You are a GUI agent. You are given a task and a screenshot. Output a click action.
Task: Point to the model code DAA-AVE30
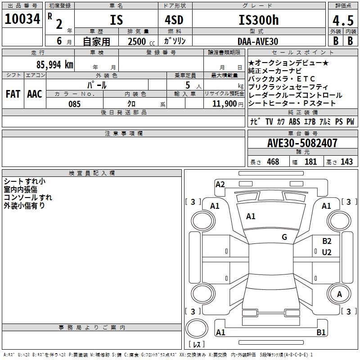[258, 41]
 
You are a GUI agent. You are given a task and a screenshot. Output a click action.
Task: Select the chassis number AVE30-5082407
[302, 143]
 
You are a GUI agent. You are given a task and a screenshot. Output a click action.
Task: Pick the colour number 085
[74, 104]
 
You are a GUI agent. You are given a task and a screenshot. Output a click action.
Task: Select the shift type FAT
[13, 94]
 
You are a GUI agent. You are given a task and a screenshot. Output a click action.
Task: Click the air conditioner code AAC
[34, 94]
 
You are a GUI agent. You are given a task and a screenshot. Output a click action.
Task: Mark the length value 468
[272, 162]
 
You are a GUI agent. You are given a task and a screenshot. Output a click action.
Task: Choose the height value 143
[346, 162]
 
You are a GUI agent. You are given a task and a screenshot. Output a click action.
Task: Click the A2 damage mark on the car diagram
[220, 184]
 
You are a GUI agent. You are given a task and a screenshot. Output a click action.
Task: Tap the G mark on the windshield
[284, 237]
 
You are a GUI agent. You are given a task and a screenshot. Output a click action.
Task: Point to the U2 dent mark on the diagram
[327, 252]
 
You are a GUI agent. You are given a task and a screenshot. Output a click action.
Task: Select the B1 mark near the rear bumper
[321, 333]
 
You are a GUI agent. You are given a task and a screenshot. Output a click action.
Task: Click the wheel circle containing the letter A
[339, 294]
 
